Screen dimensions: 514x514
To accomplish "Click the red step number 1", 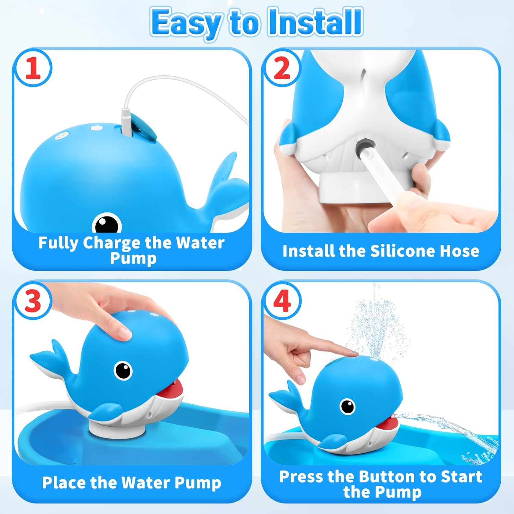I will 33,68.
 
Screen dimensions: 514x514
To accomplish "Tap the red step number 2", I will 282,68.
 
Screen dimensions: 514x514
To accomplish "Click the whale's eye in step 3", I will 123,370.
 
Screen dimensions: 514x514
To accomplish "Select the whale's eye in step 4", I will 347,406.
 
